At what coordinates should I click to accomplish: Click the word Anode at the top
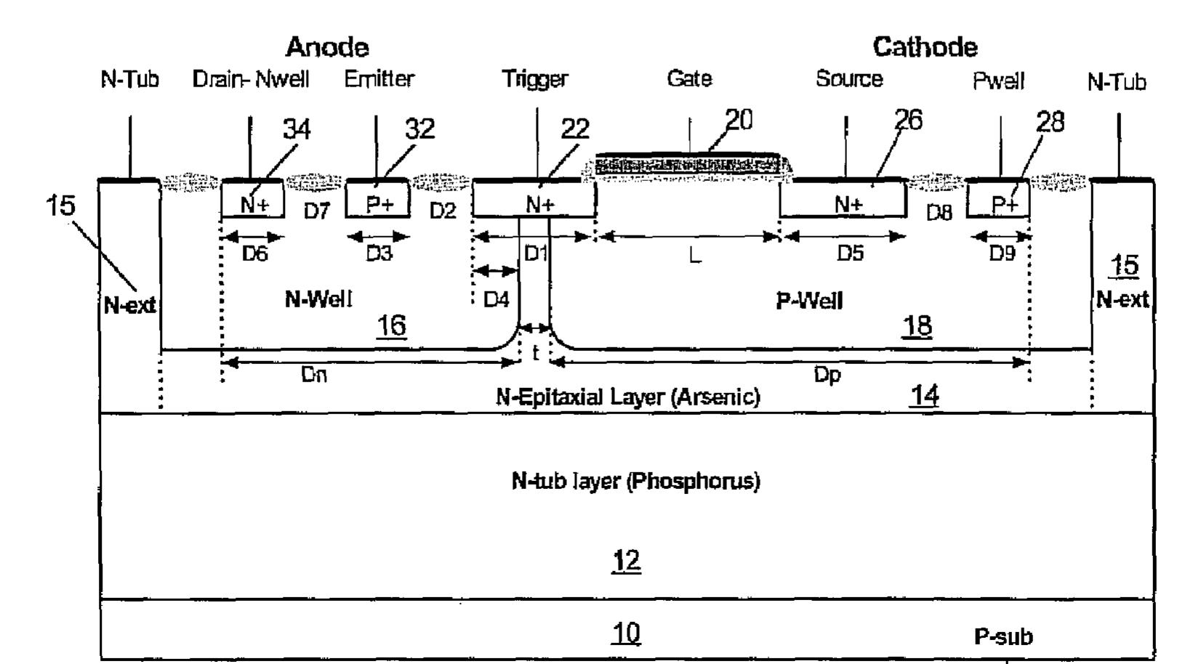pos(327,47)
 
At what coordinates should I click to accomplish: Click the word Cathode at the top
pos(925,47)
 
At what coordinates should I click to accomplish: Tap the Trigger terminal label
pos(535,79)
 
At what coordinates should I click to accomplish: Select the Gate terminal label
pos(689,78)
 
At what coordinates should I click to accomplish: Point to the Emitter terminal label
pos(379,79)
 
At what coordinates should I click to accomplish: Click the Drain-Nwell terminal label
pos(251,79)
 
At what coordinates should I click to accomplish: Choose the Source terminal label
pos(849,78)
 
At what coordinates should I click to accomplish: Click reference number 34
pos(297,129)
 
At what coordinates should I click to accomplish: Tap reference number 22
pos(575,129)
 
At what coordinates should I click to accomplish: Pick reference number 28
pos(1050,122)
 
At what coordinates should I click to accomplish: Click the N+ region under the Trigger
pos(534,199)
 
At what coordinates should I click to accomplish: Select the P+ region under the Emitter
pos(378,199)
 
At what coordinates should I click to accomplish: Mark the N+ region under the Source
pos(843,199)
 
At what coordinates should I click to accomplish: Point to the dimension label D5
pos(850,254)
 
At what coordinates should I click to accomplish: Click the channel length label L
pos(695,256)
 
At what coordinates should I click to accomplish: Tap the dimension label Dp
pos(827,375)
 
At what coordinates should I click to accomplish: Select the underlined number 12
pos(627,561)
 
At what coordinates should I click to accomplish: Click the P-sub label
pos(1003,636)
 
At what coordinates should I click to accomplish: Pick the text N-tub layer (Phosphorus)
pos(636,481)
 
